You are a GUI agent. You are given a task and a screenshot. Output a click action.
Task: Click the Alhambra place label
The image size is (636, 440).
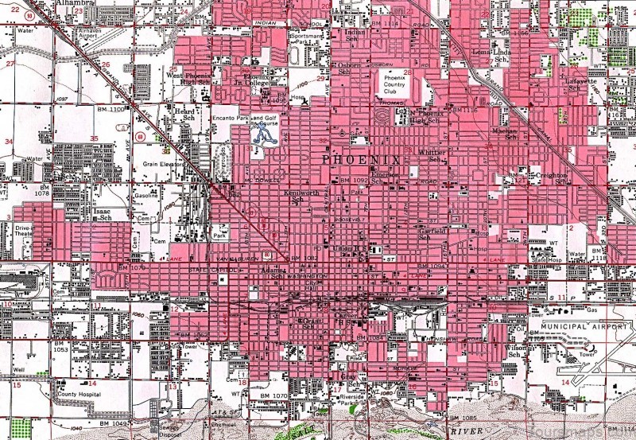(x=77, y=4)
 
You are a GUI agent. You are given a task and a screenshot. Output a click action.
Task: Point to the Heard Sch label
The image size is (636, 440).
(x=184, y=115)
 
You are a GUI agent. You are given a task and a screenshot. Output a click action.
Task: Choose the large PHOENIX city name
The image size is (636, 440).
(x=363, y=160)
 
